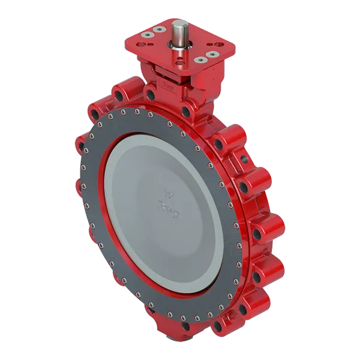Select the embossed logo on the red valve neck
(170, 91)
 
